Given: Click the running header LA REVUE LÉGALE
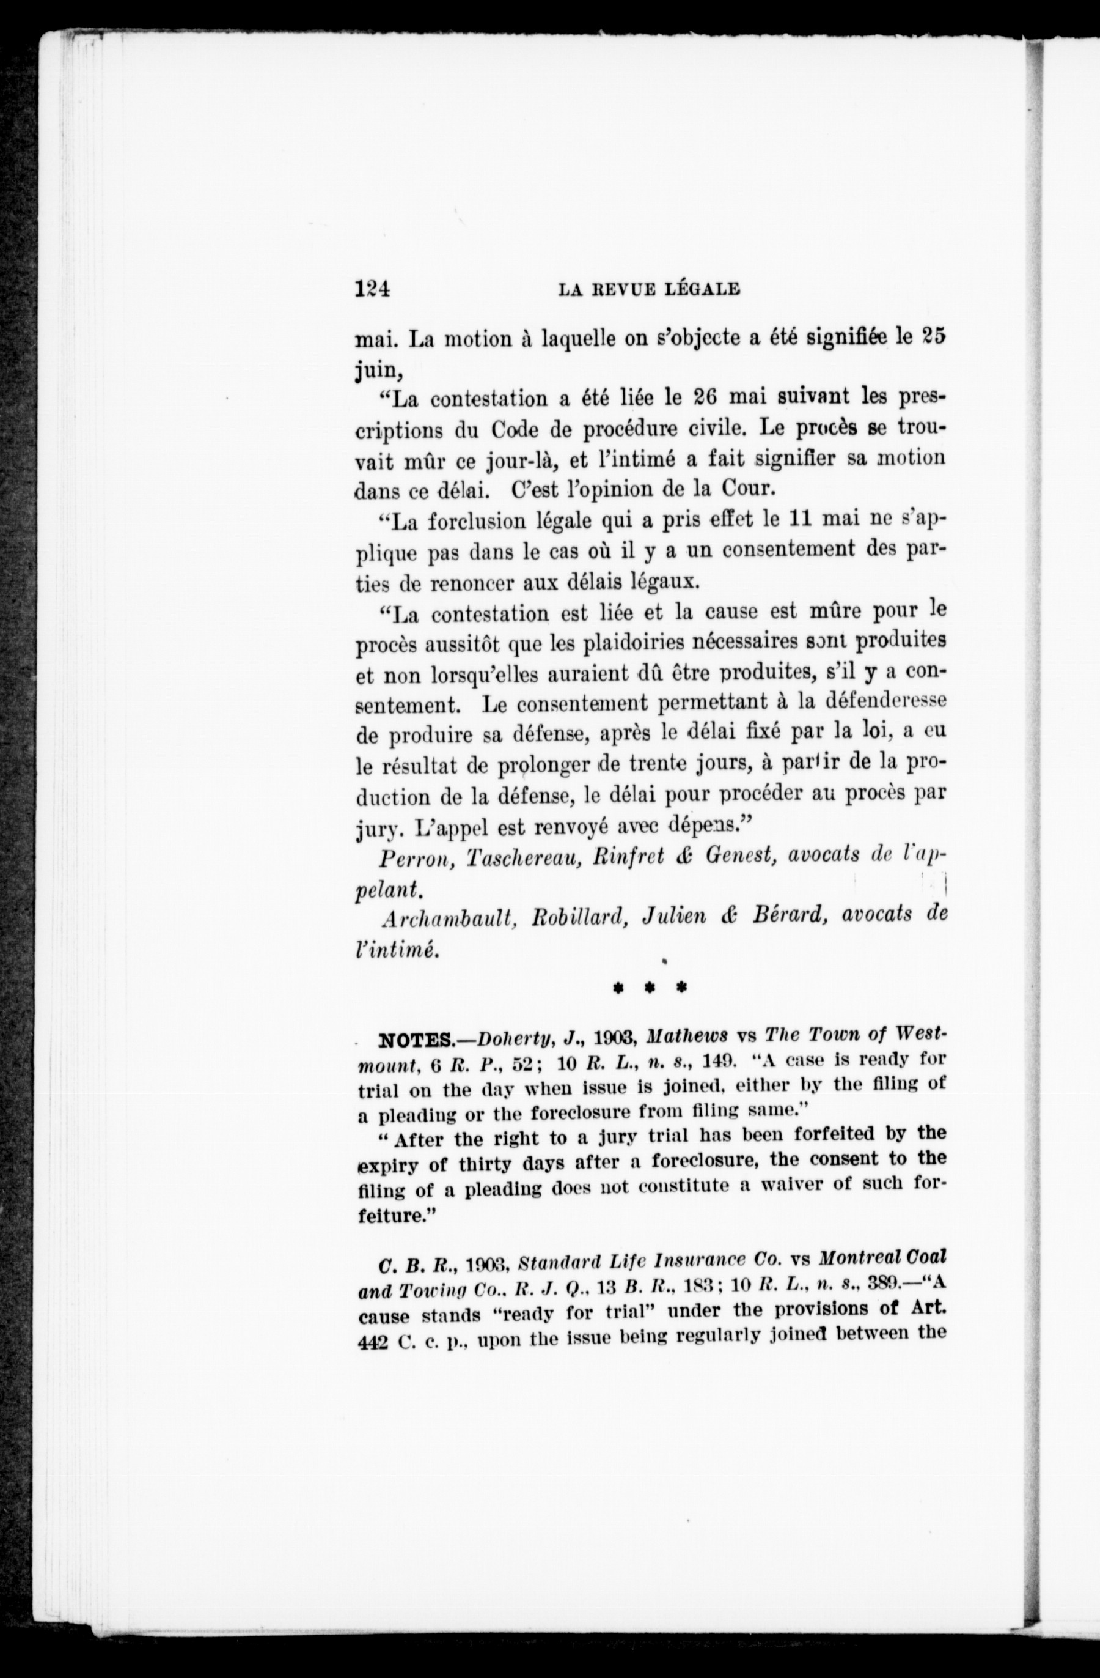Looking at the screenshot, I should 649,289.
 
